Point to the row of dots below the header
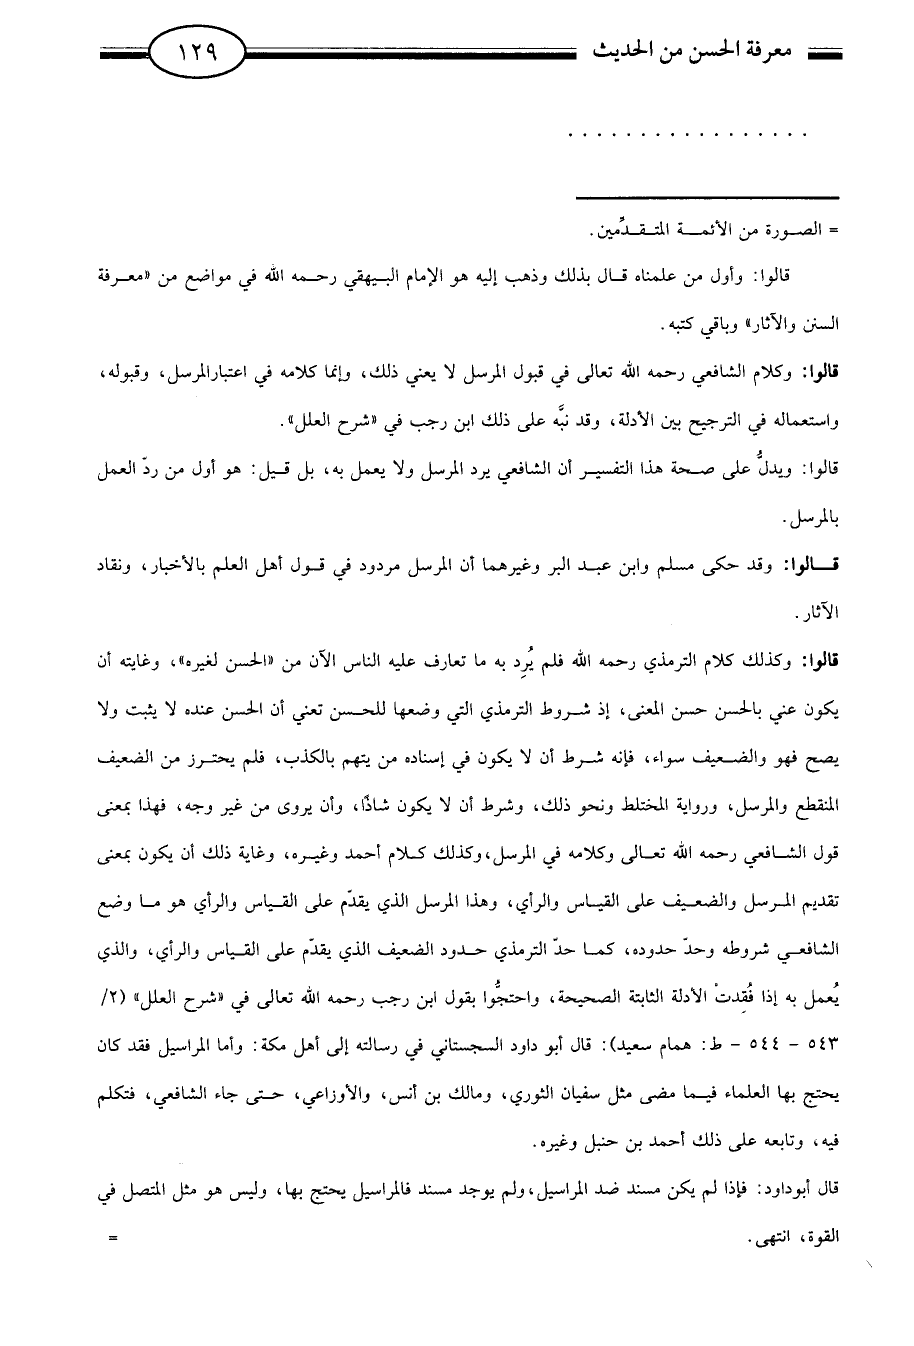tap(686, 133)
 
